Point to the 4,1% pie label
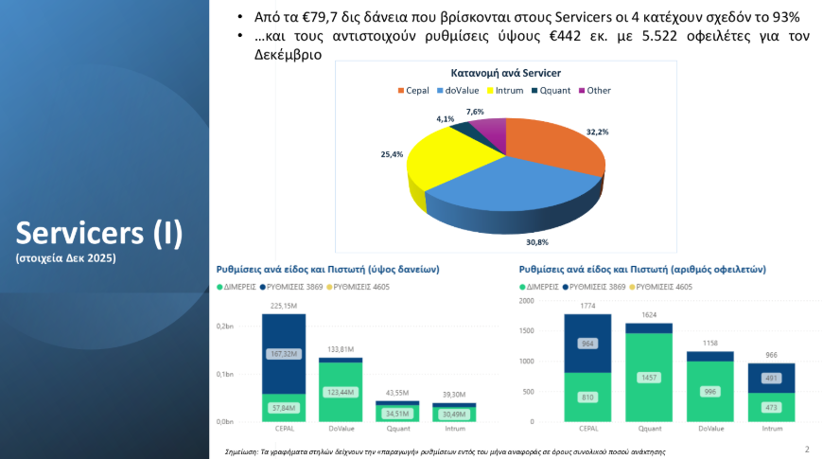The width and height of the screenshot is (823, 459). [445, 119]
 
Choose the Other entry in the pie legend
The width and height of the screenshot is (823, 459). [598, 91]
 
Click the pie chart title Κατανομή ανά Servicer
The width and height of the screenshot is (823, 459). [505, 73]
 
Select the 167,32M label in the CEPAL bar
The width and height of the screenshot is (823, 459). [283, 354]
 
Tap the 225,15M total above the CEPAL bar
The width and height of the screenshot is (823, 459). [284, 306]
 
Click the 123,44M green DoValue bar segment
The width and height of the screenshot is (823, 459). [341, 391]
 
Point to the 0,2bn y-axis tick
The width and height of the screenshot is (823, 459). [224, 327]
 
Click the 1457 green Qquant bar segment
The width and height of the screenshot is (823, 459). [649, 377]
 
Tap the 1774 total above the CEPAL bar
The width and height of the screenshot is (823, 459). [587, 306]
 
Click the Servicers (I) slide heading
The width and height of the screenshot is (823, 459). [99, 232]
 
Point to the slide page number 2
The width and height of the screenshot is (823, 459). [806, 449]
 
